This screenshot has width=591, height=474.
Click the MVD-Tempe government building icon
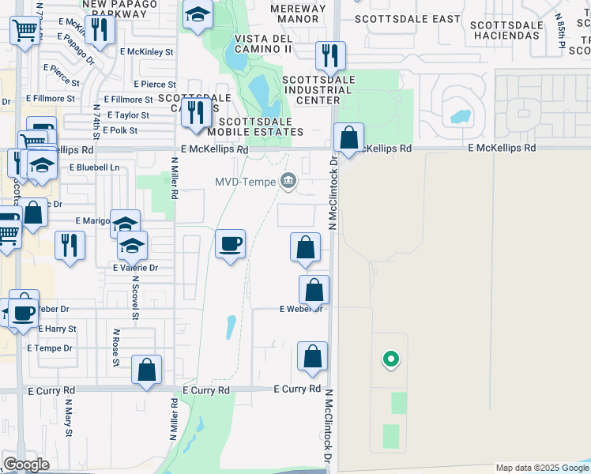(x=288, y=182)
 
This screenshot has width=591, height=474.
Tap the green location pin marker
(x=389, y=360)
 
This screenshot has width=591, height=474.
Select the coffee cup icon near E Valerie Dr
(x=230, y=244)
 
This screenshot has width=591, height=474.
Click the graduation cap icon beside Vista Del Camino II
(x=198, y=14)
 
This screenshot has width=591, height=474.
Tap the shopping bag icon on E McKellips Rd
(x=348, y=137)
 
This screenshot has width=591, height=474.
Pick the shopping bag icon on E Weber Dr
(x=314, y=289)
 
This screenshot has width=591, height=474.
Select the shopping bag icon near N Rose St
(x=147, y=369)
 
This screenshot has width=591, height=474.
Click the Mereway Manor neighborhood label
(x=298, y=13)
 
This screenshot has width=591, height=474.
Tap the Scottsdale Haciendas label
(x=506, y=30)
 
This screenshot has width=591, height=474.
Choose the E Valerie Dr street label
(x=135, y=268)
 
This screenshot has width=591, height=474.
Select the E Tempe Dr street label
(x=49, y=348)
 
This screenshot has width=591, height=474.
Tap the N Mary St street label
(x=69, y=419)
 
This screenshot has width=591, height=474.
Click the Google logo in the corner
(x=26, y=465)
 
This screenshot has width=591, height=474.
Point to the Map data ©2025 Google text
(x=543, y=468)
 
